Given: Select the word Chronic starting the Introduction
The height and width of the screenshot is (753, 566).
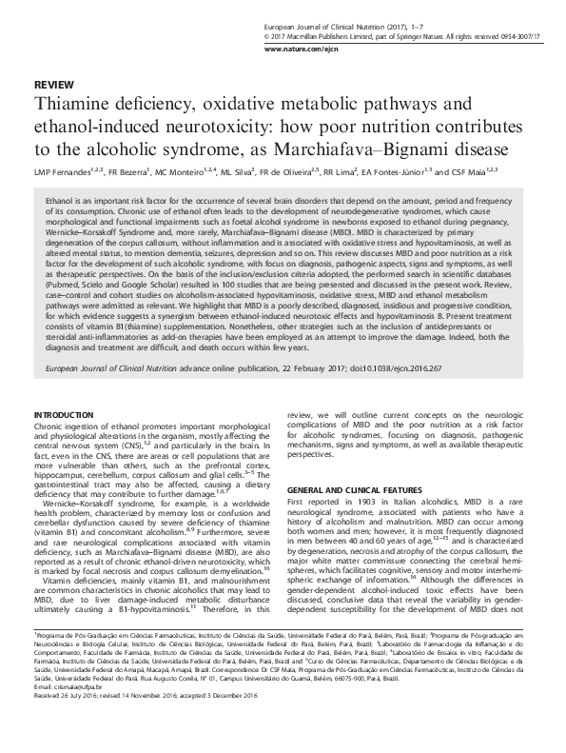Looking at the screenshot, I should coord(49,428).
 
